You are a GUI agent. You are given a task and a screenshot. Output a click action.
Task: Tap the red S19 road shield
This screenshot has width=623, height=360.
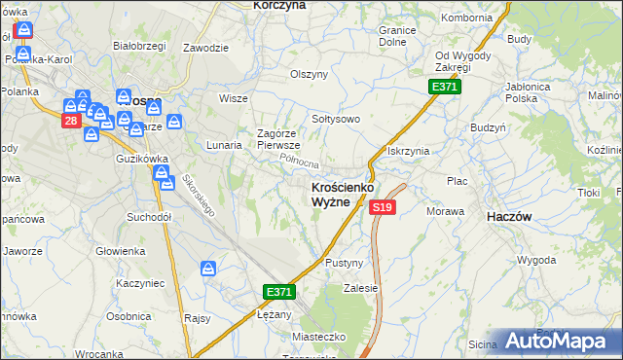[x=382, y=207]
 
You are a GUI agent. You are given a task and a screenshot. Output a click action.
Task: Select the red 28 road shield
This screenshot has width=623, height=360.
[x=71, y=121]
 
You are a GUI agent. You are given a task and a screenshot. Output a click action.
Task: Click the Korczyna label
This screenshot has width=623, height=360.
[x=279, y=5]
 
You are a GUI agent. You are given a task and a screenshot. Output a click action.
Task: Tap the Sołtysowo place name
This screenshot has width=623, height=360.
[x=336, y=119]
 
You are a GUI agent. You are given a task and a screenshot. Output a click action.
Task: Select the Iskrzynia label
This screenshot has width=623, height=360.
[x=409, y=151]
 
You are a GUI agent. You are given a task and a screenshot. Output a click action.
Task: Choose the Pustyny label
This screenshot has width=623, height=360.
[x=345, y=263]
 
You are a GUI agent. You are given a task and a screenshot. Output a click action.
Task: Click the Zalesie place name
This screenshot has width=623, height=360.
[x=360, y=288]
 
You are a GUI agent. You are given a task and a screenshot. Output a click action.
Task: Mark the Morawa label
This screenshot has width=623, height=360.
[x=445, y=211]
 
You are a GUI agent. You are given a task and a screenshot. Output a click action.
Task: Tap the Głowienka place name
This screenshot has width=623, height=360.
[x=121, y=250]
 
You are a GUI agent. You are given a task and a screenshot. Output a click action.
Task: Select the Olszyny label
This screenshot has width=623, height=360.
[x=310, y=74]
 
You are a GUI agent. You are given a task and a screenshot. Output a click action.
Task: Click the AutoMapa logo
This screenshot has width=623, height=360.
[x=563, y=341]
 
